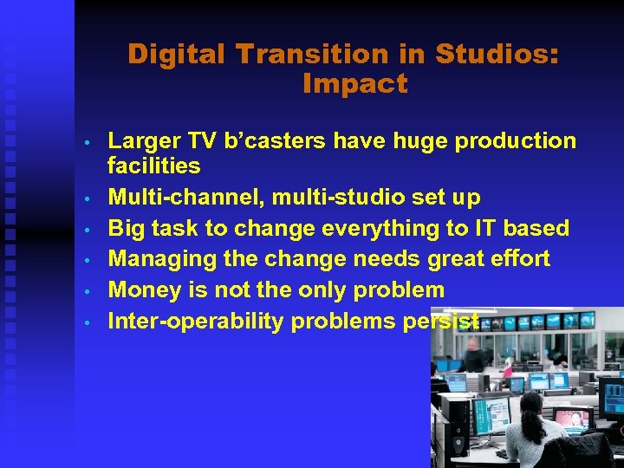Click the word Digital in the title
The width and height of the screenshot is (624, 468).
pos(178,55)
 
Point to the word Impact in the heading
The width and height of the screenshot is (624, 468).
pos(354,84)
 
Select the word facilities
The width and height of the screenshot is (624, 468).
pos(153,166)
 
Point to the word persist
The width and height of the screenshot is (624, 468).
pos(442,322)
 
